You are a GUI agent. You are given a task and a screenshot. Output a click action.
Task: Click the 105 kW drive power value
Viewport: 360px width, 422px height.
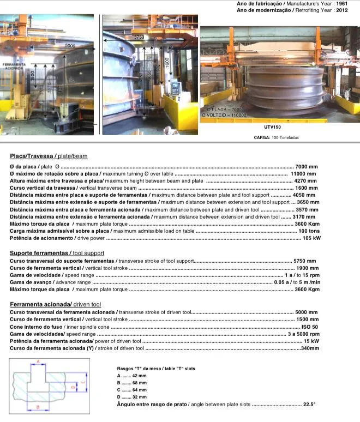point(310,238)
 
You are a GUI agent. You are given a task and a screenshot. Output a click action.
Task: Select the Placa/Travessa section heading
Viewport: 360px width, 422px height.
point(48,156)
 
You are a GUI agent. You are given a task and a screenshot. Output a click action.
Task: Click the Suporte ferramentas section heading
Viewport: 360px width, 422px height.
point(57,254)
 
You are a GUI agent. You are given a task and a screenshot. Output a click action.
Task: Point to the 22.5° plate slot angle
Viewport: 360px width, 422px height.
point(309,404)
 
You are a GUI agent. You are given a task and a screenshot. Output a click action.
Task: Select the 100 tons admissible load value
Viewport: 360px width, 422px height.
point(308,231)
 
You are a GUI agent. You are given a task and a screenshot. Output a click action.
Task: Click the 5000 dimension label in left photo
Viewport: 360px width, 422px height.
point(70,45)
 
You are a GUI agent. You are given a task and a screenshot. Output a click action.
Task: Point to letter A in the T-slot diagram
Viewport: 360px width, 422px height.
point(38,361)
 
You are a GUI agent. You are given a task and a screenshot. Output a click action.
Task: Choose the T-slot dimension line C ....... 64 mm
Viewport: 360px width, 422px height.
point(131,390)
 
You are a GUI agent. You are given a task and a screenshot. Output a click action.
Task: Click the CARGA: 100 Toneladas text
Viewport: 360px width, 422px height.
point(275,137)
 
